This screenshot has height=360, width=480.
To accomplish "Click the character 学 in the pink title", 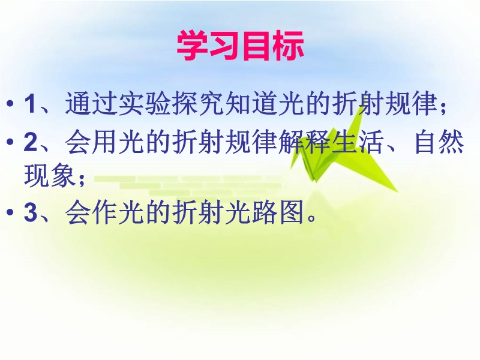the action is click(x=193, y=46).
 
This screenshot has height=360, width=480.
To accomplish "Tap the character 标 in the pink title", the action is click(x=288, y=46).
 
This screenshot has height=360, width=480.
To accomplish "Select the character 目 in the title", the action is click(x=256, y=46).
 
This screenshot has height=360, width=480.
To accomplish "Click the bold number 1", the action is click(x=30, y=103).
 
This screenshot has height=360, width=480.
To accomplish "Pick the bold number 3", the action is click(x=31, y=212).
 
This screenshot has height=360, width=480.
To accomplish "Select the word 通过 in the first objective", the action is click(x=91, y=103).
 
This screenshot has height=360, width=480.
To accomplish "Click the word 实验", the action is click(x=144, y=103).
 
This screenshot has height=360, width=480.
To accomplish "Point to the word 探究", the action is click(x=197, y=103).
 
